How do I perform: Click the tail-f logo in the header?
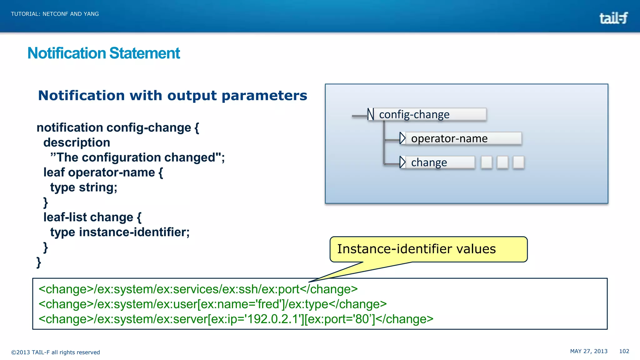pos(613,18)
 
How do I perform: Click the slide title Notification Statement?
pos(104,53)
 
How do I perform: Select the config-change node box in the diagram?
pos(430,114)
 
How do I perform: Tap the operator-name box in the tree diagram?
pos(462,138)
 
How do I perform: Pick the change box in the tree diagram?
pos(439,162)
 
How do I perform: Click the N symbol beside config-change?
pos(371,114)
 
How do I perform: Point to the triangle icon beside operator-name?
pos(402,138)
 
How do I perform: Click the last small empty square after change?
pos(518,162)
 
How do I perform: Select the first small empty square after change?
pos(486,162)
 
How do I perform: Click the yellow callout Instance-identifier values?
pos(428,249)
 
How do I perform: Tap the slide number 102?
pos(624,351)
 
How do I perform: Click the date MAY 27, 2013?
pos(589,351)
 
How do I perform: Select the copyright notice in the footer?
pos(56,352)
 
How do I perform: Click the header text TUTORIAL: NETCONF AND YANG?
pos(55,14)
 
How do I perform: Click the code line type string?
pos(84,187)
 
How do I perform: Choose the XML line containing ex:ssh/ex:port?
pos(198,289)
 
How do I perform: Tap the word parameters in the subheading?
pos(264,96)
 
